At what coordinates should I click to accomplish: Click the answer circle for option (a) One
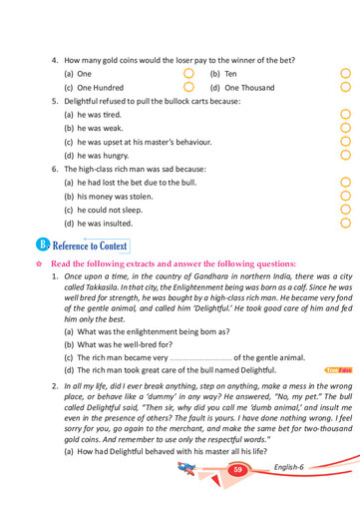click(x=189, y=74)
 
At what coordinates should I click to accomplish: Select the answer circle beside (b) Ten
click(x=346, y=74)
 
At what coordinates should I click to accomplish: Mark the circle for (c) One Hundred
click(x=189, y=88)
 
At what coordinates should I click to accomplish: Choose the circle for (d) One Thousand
click(x=346, y=88)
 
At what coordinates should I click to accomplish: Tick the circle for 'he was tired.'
click(x=346, y=115)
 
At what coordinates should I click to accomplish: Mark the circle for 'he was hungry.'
click(x=346, y=156)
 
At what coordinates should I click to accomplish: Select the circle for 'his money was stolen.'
click(x=346, y=197)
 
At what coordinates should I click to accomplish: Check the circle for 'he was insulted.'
click(x=346, y=224)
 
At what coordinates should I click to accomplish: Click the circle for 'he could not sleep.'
click(x=346, y=211)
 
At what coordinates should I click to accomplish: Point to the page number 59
click(x=237, y=469)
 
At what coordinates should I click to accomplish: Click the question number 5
click(x=54, y=101)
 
